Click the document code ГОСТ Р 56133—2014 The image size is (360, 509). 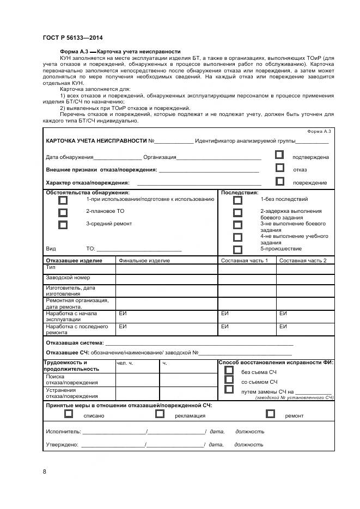pos(72,38)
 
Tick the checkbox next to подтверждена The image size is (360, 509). pos(279,155)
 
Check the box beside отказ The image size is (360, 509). pos(279,168)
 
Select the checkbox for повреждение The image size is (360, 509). pos(279,182)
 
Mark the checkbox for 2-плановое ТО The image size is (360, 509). pos(63,212)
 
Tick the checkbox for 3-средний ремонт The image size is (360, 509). pos(63,225)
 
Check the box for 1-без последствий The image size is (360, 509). pos(237,200)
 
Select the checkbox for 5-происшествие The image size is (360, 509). pos(237,250)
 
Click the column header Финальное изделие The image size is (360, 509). pos(144,261)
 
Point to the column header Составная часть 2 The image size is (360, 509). pos(303,261)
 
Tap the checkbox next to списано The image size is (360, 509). pos(69,414)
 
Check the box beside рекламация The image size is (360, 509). pos(160,414)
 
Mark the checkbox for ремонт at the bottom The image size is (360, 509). pos(270,414)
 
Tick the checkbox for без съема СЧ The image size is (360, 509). pos(229,370)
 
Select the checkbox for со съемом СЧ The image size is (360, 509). pos(229,380)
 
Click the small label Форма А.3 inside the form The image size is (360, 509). pos(319,132)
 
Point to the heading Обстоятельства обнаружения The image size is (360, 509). pos(88,193)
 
